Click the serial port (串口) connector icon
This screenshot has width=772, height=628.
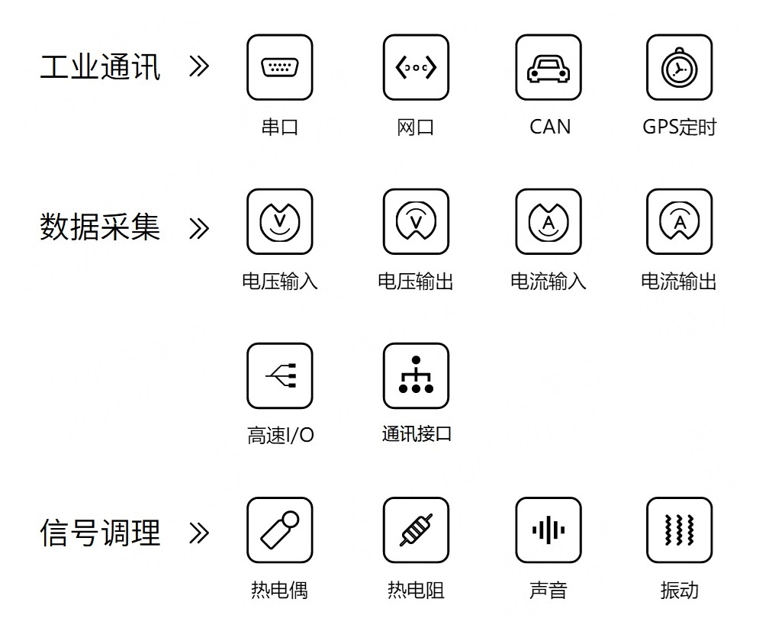click(x=280, y=67)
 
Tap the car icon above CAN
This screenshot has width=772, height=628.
click(x=548, y=67)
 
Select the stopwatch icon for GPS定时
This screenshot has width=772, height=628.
click(x=680, y=67)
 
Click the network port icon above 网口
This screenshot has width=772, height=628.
click(x=416, y=67)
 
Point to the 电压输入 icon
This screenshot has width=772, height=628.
click(x=280, y=221)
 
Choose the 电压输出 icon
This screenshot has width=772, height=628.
click(x=416, y=221)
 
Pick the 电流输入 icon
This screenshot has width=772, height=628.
click(x=548, y=221)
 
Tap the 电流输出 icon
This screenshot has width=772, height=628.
click(x=680, y=221)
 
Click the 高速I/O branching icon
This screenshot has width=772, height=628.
click(x=280, y=376)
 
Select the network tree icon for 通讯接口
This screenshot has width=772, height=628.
click(x=416, y=376)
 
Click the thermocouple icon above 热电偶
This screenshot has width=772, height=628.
click(x=280, y=530)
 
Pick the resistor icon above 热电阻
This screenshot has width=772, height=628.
click(x=416, y=530)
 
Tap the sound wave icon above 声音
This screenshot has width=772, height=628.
click(x=548, y=530)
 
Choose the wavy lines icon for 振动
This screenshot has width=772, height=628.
click(x=680, y=530)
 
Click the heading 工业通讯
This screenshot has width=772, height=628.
click(x=100, y=67)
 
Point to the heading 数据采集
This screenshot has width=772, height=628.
click(x=100, y=227)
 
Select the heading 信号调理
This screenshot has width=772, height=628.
click(x=100, y=533)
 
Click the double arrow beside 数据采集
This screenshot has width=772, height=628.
click(x=199, y=229)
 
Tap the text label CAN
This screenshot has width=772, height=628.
click(x=550, y=127)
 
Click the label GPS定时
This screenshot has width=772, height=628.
click(x=680, y=127)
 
